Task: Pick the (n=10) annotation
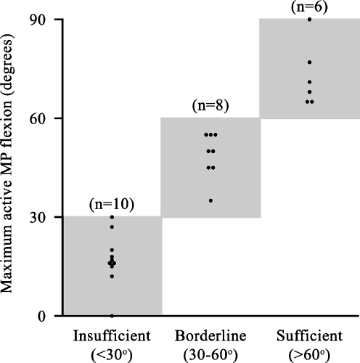tap(112, 205)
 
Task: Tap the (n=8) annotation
tap(210, 106)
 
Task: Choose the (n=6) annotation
tap(309, 7)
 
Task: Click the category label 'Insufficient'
tap(112, 336)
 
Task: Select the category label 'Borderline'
tap(210, 336)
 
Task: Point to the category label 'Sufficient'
tap(309, 336)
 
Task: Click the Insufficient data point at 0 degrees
tap(112, 316)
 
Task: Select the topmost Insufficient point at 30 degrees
tap(112, 217)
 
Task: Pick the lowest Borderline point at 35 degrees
tap(210, 200)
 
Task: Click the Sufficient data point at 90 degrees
tap(309, 19)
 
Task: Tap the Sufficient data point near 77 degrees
tap(309, 62)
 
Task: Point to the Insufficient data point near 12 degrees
tap(112, 276)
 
